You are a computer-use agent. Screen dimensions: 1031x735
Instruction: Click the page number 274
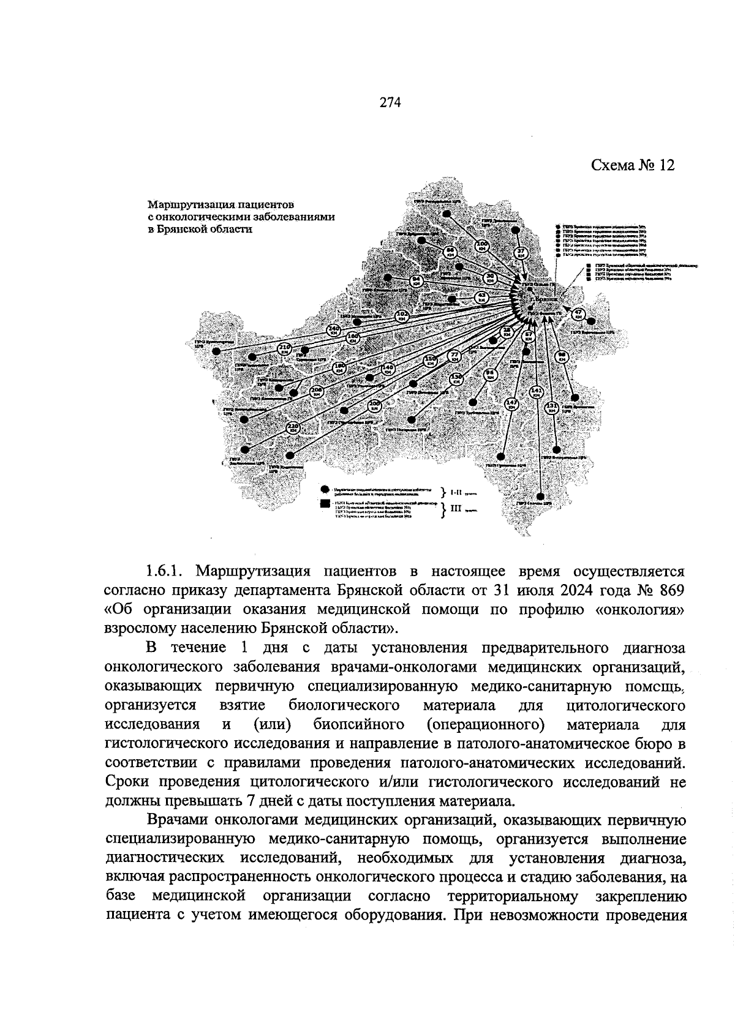click(x=390, y=103)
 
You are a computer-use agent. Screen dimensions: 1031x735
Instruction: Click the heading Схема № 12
click(x=633, y=165)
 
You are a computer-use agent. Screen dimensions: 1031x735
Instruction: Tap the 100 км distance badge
click(x=483, y=246)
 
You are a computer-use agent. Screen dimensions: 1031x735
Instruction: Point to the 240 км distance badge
click(x=334, y=329)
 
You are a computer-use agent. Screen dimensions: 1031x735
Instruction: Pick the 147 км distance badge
click(x=512, y=404)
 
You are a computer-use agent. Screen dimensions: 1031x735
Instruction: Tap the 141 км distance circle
click(x=536, y=392)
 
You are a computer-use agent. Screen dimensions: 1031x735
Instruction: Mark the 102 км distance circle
click(x=402, y=317)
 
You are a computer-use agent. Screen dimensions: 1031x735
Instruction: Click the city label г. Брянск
click(x=544, y=299)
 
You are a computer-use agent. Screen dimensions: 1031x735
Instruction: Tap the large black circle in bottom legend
click(x=325, y=490)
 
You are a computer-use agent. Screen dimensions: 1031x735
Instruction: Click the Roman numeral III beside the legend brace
click(x=455, y=507)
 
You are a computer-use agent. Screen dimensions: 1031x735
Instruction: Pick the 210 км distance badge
click(x=284, y=349)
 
